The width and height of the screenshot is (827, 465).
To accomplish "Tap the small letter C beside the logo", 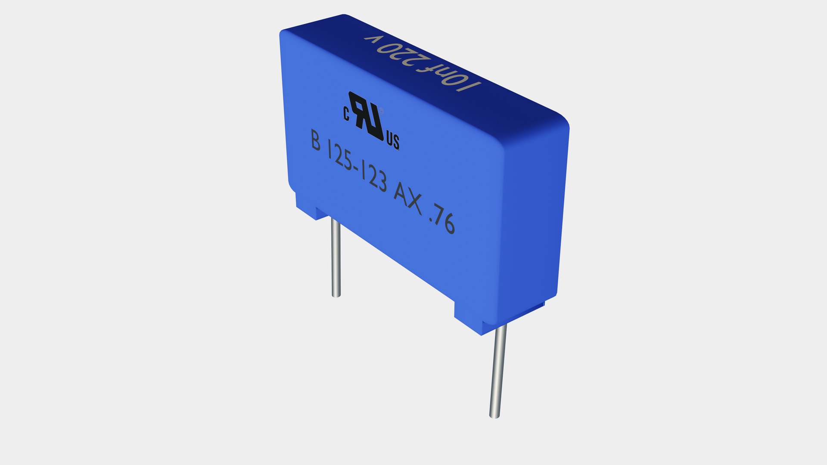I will pos(346,113).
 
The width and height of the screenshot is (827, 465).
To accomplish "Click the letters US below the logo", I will pos(393,141).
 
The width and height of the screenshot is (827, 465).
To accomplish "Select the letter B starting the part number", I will pos(316,140).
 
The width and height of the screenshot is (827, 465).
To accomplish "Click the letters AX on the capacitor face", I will pos(408,199).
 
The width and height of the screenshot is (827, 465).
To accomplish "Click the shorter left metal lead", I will pos(336,258).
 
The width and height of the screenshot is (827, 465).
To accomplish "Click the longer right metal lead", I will pos(497,370).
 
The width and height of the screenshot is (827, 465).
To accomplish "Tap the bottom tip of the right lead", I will pos(494,416).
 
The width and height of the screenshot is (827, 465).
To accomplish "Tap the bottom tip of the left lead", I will pos(336,295).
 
